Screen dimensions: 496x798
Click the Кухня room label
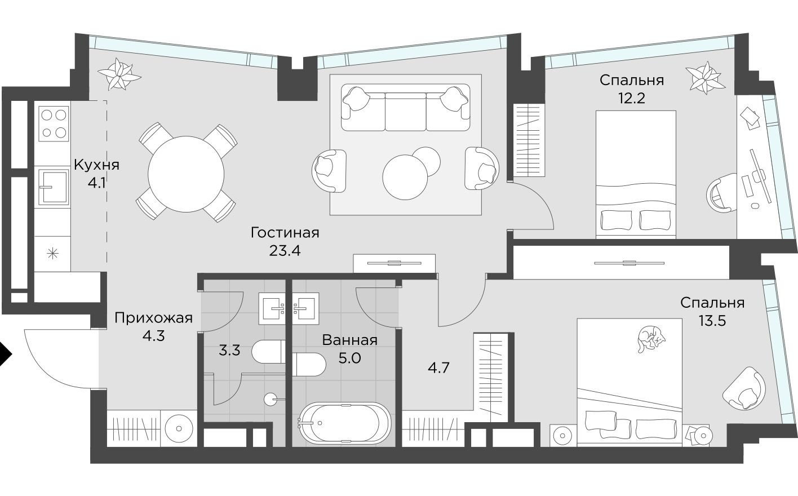(96, 165)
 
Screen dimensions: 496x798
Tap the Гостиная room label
(285, 232)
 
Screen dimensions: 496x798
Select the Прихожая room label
(153, 318)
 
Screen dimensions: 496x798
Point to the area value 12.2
(631, 98)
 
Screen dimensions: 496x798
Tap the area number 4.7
(438, 368)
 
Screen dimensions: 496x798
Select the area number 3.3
(229, 350)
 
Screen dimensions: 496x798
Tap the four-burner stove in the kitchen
(54, 124)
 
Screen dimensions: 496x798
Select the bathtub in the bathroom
(344, 422)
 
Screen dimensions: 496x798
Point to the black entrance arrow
(5, 355)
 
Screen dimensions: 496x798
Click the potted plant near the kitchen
(118, 74)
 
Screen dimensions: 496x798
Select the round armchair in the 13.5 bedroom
(744, 388)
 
